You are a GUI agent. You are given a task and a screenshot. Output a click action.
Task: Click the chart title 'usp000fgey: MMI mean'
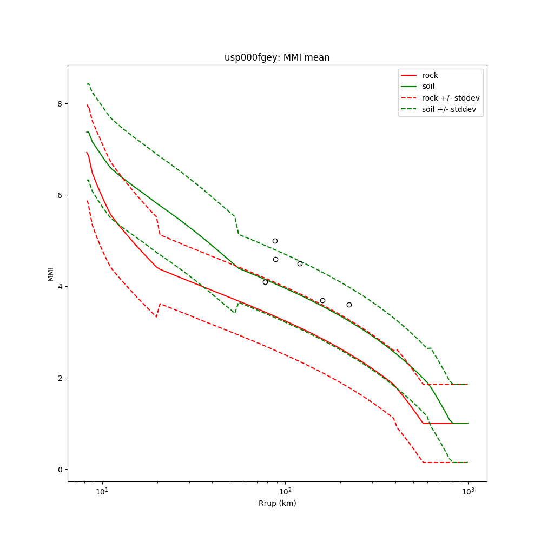point(277,57)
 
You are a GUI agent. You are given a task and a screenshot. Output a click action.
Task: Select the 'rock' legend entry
point(430,75)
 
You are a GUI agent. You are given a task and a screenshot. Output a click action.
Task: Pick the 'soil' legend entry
point(428,87)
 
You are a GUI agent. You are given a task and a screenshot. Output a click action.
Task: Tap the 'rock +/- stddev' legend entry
point(451,98)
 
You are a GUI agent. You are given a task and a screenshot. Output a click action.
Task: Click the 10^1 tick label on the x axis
point(102,492)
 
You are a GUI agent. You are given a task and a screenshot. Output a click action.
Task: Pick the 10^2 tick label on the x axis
point(285,492)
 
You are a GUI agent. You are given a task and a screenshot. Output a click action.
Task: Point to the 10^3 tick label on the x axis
point(468,492)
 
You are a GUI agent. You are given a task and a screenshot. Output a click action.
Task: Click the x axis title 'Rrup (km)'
point(277,503)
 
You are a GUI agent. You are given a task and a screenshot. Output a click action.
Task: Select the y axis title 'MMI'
point(50,273)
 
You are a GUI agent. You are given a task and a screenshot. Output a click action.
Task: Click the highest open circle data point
point(275,241)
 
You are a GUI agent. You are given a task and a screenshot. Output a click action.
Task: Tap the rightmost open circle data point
point(349,305)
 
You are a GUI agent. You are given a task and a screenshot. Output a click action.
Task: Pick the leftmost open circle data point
point(265,282)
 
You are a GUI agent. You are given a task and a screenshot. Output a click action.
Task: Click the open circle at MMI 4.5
point(300,263)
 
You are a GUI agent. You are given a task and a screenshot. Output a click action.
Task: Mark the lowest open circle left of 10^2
point(265,282)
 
